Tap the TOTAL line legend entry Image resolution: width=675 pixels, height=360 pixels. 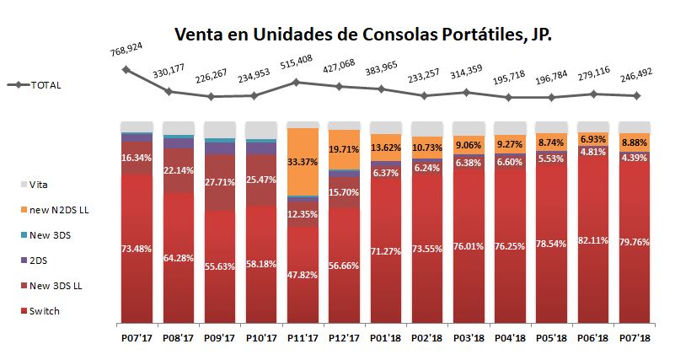coord(34,85)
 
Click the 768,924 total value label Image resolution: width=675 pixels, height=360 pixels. coord(125,53)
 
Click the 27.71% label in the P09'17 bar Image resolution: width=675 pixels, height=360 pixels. coord(219,181)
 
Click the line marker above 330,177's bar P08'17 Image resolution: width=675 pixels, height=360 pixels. coord(169,91)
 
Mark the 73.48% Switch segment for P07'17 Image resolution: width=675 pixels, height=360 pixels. coord(136,247)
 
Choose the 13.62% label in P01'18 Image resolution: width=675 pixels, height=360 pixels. coord(386,148)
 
